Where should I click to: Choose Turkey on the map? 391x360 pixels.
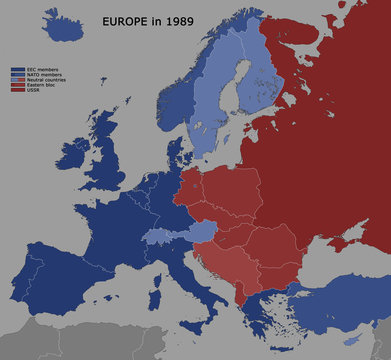(x=340, y=300)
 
